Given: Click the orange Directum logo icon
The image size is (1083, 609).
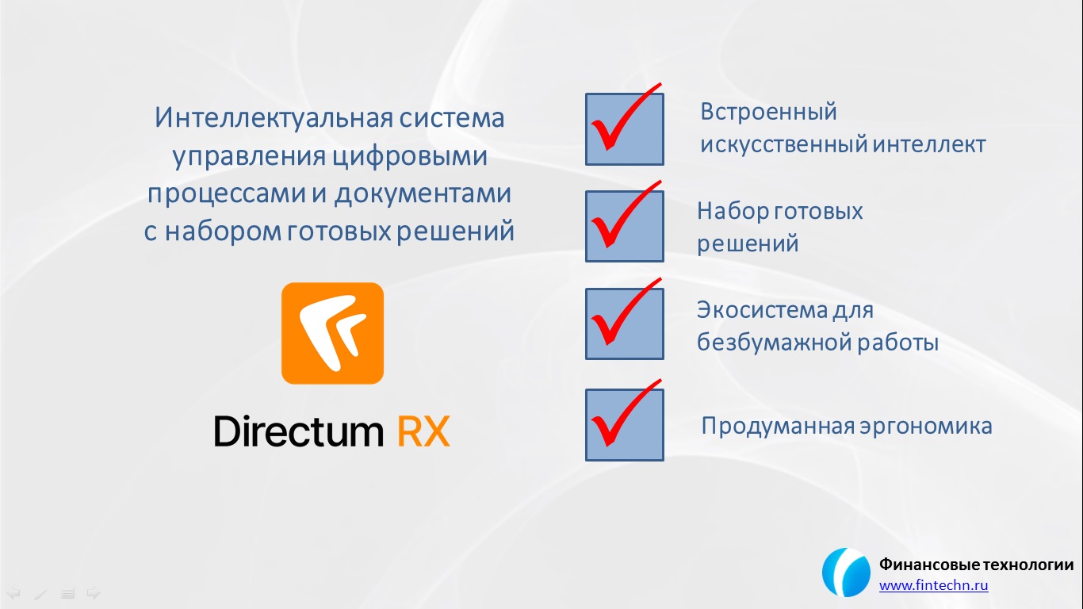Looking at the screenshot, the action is coord(333,333).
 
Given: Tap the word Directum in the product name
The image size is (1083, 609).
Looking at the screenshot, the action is coord(299,431).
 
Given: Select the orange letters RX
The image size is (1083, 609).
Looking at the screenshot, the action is coord(423,431).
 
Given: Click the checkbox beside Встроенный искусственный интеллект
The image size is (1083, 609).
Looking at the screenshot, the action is coord(624,129).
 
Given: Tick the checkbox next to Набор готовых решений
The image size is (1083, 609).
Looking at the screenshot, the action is coord(624,226).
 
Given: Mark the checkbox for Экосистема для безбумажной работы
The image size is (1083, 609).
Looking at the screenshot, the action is coord(624,324).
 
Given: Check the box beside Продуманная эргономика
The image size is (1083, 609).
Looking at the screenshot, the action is coord(624,425).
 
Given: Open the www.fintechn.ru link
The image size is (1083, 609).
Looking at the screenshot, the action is coord(934,585).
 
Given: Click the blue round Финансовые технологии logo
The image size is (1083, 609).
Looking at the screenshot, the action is coord(846,573).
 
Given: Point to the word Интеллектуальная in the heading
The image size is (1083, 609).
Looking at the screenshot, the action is coord(274,117).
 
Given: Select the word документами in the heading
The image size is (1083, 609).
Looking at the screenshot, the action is coord(423,193).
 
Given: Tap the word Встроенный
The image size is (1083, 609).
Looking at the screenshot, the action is coord(768,112).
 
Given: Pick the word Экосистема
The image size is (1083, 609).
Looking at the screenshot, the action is coord(761,310).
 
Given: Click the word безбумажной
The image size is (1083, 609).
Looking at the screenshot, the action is coord(774,343).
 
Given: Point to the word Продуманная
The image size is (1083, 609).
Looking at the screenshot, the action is coord(778,426).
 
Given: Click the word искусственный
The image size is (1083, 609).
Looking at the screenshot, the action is coord(783,144).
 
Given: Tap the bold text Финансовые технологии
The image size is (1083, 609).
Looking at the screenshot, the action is coord(976,564).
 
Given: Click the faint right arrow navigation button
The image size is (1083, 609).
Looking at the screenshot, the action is coord(94,592).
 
